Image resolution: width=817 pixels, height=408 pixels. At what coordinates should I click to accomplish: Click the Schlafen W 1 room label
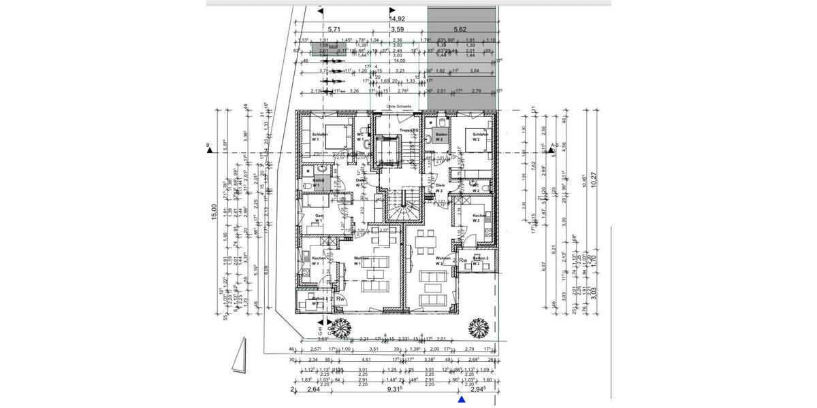pyautogui.click(x=319, y=137)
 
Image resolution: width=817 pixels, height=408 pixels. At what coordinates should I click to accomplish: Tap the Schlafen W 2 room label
pyautogui.click(x=481, y=137)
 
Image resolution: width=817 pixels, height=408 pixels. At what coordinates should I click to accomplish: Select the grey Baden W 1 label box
pyautogui.click(x=318, y=183)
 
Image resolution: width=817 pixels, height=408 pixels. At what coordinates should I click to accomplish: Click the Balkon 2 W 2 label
pyautogui.click(x=481, y=261)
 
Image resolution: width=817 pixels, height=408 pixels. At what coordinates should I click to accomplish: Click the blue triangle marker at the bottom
pyautogui.click(x=462, y=401)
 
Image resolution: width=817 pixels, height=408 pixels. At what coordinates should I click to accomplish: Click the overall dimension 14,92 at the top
pyautogui.click(x=397, y=20)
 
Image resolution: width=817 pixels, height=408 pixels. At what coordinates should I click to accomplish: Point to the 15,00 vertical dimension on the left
pyautogui.click(x=214, y=212)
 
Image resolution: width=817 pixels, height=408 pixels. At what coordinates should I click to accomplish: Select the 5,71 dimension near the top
pyautogui.click(x=334, y=30)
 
